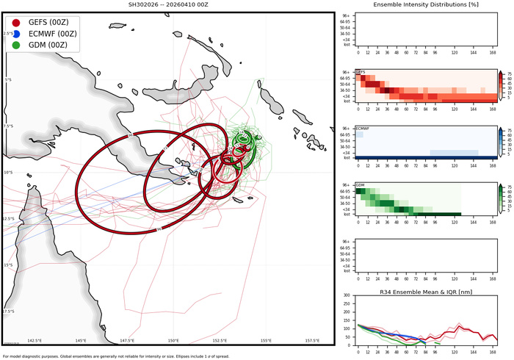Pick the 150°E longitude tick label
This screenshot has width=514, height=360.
173,341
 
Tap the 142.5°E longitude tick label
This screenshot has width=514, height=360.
35,341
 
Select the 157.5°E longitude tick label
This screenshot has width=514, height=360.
312,341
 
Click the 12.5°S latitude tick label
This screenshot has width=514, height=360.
8,219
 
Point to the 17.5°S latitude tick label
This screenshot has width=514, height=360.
8,312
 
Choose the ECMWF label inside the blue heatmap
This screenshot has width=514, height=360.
362,129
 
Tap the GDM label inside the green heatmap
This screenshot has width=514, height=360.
360,185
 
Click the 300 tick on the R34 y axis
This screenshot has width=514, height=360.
347,297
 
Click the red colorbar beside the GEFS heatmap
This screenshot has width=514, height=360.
501,85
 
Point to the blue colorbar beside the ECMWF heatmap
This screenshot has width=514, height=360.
501,142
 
